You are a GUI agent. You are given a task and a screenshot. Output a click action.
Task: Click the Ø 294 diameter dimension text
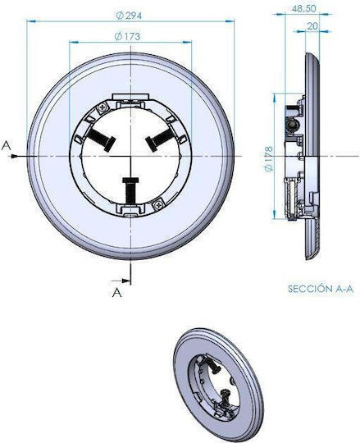pos(129,16)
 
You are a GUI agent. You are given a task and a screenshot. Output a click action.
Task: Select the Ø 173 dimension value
pos(127,36)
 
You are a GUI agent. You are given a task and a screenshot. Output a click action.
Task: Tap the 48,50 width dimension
pos(303,9)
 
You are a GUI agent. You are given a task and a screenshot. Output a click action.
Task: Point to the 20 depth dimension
pos(312,26)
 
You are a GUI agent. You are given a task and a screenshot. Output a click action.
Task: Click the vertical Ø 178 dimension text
pos(269,159)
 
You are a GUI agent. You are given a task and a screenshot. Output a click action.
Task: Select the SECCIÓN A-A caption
pos(321,289)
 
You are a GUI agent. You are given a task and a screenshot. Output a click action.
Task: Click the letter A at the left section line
pos(7,146)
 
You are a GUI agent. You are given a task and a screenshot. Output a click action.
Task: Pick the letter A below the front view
pos(117,293)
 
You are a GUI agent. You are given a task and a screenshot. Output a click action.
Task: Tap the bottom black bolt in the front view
pos(130,190)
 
